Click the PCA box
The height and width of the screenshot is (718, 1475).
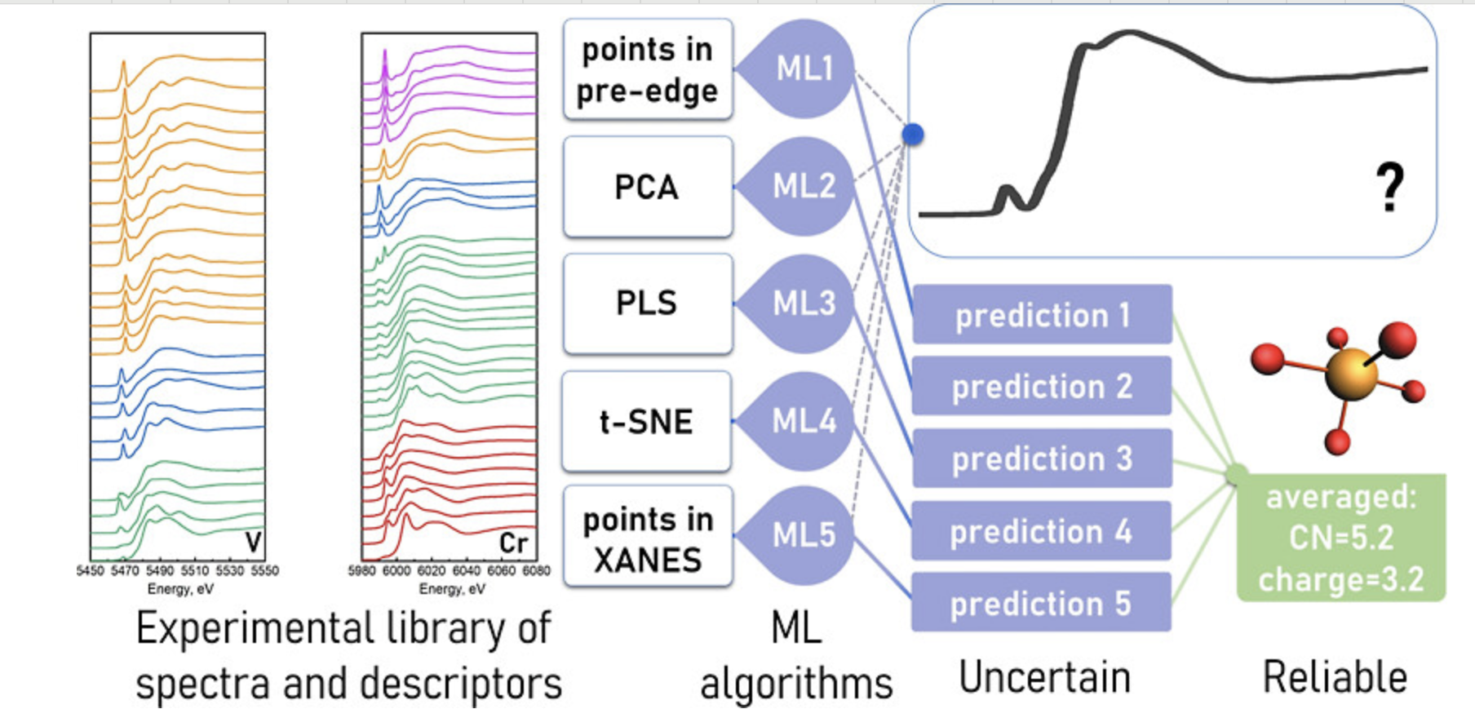click(x=647, y=187)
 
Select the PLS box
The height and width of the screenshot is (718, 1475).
click(x=647, y=304)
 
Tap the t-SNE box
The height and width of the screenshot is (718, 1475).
click(x=647, y=422)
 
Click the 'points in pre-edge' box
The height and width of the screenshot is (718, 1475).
click(x=647, y=70)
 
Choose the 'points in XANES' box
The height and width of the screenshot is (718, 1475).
click(x=647, y=538)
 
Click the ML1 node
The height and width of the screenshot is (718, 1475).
click(x=804, y=69)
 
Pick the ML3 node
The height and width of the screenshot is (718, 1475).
click(x=804, y=304)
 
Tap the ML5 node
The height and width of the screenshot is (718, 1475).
click(x=804, y=535)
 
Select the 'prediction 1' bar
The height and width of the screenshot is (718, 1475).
click(x=1042, y=315)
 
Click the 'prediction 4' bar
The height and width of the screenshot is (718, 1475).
click(x=1041, y=531)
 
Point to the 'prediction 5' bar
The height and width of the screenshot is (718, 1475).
click(x=1041, y=603)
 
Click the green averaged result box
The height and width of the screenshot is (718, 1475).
click(x=1340, y=538)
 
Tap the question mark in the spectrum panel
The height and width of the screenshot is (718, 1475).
click(x=1390, y=188)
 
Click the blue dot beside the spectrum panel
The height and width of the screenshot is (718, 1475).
click(x=913, y=134)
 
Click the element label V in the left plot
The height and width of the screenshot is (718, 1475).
click(x=253, y=543)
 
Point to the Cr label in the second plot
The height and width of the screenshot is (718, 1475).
click(x=514, y=543)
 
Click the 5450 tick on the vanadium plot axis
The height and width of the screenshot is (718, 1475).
click(x=90, y=571)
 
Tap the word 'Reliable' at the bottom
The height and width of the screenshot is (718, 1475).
click(x=1335, y=677)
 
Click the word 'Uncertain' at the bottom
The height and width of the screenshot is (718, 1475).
click(x=1045, y=677)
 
